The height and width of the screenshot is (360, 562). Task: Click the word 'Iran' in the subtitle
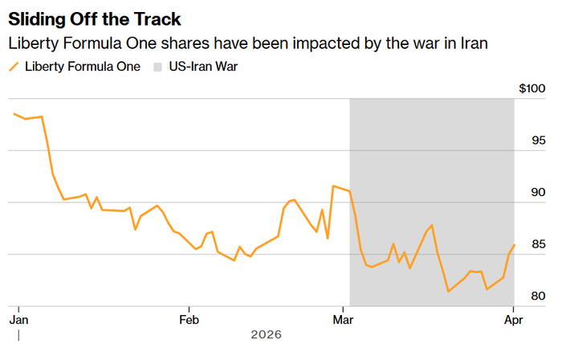(472, 43)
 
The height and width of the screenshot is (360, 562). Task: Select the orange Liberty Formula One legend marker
(14, 67)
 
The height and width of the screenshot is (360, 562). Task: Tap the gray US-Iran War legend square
(159, 67)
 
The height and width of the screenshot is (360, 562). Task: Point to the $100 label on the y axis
(531, 88)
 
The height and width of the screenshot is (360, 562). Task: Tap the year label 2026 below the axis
(266, 334)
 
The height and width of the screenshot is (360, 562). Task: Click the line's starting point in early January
(14, 114)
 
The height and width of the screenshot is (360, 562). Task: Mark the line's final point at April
(514, 244)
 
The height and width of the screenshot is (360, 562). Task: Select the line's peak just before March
(333, 186)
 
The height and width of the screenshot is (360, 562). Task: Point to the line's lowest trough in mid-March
(448, 291)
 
